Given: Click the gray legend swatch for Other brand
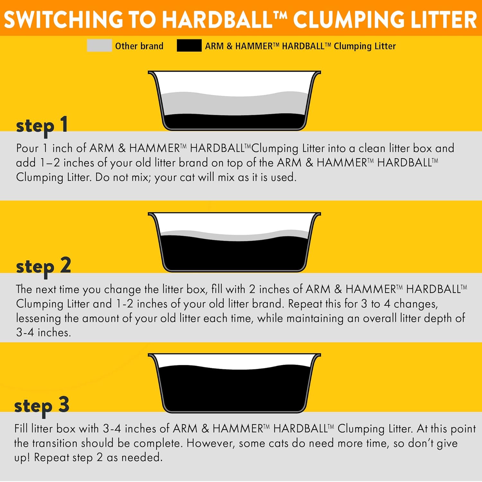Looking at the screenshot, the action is (99, 45).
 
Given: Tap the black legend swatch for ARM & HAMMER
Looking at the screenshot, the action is (189, 45).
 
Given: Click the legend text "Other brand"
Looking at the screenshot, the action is (139, 46).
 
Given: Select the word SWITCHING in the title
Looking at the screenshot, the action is (64, 19).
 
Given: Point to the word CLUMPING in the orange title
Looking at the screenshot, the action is (349, 19).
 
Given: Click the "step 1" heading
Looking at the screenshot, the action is (42, 125).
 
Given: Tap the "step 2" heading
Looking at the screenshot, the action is (43, 266).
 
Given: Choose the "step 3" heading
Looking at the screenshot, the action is (42, 405).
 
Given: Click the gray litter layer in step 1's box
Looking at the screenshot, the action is (234, 105).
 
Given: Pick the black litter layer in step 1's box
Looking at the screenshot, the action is (234, 122).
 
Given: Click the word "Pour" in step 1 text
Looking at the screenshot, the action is (27, 148).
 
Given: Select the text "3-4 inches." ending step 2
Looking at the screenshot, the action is (43, 332).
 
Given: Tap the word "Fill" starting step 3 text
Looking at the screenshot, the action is (21, 429).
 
